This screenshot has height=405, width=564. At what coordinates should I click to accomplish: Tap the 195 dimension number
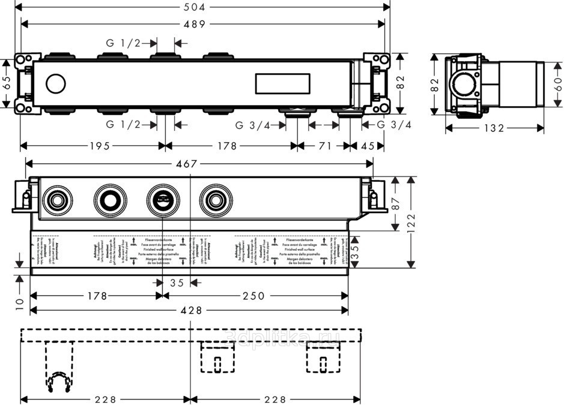(99, 146)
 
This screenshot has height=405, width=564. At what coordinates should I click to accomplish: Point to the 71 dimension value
(325, 146)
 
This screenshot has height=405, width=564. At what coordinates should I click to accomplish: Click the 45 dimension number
(368, 146)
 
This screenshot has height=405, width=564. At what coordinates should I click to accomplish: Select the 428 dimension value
(191, 310)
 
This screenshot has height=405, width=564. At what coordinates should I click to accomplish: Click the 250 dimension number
(253, 296)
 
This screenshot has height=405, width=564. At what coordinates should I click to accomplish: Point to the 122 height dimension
(411, 222)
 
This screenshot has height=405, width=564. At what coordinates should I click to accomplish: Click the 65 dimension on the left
(7, 82)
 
